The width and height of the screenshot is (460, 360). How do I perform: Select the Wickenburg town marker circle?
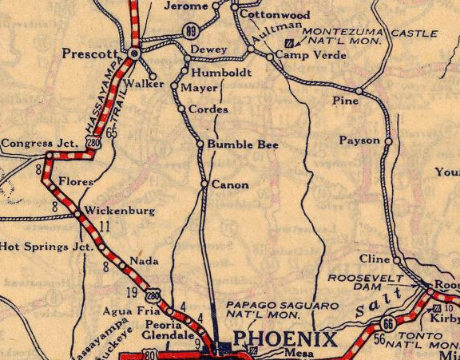point(77,214)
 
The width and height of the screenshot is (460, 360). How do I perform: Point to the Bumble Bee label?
point(232,144)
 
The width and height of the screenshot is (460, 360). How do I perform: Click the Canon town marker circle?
point(204,184)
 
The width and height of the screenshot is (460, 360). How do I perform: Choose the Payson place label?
point(359,140)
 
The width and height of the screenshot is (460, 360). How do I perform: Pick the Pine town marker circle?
point(359,92)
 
